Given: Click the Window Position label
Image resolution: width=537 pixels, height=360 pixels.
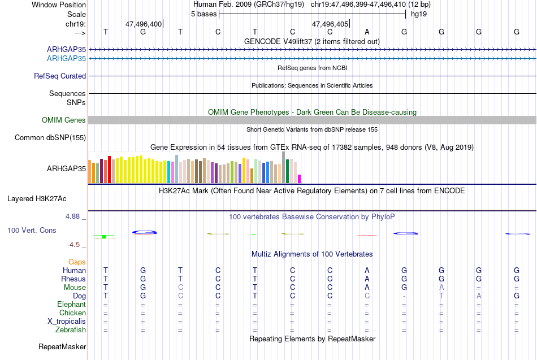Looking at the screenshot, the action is (x=59, y=5).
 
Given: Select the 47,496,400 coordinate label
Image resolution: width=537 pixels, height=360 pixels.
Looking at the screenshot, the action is (x=144, y=24).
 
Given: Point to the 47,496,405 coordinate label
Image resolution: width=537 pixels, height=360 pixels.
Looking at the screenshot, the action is (x=330, y=24).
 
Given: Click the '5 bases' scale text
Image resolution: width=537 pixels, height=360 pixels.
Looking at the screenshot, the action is (x=203, y=14).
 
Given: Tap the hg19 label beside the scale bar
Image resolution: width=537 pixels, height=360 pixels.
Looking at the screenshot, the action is (x=419, y=14).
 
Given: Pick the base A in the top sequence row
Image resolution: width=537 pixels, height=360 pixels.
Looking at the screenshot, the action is (x=367, y=32).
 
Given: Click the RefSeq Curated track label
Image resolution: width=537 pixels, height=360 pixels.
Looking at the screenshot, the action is (x=60, y=76).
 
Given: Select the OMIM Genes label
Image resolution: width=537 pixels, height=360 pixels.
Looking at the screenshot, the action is (x=64, y=120).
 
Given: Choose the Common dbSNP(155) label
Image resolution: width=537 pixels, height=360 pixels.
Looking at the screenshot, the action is (x=50, y=138).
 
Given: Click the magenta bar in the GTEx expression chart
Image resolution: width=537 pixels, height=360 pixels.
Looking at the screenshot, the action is (x=300, y=179).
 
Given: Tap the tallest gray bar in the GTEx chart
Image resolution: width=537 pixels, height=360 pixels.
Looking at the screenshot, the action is (x=284, y=167).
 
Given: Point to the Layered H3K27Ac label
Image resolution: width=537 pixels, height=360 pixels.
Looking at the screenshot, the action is (x=37, y=199).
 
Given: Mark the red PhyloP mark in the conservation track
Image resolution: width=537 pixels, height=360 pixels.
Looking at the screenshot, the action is (x=366, y=235).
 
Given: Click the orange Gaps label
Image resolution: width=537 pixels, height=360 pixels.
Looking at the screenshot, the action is (x=77, y=262).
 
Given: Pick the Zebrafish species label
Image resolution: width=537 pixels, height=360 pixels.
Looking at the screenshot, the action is (x=71, y=330).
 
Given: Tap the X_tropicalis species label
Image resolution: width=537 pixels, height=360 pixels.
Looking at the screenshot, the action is (x=67, y=322).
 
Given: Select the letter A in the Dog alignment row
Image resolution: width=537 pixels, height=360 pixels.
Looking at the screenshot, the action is (x=479, y=296).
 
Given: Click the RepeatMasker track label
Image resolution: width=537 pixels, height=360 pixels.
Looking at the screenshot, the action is (x=62, y=346).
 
